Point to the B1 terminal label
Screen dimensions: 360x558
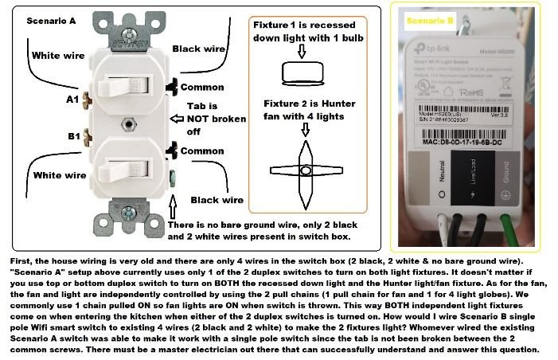(73, 137)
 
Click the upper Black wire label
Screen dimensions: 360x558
(197, 48)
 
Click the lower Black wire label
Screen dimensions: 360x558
(217, 200)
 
